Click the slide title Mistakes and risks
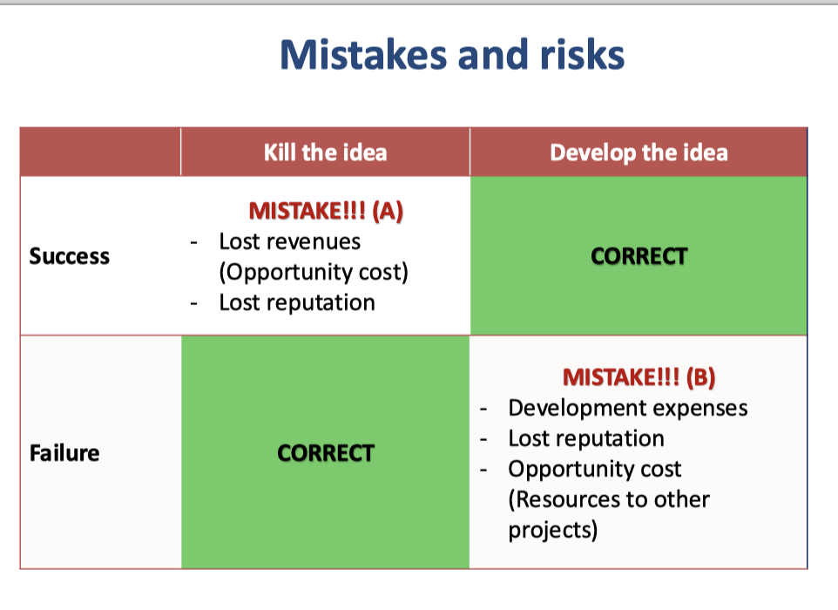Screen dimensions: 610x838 pyautogui.click(x=452, y=54)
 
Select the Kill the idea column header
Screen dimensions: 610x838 pyautogui.click(x=325, y=152)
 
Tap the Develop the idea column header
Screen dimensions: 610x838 pyautogui.click(x=639, y=152)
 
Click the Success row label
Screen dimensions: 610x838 pyautogui.click(x=70, y=256)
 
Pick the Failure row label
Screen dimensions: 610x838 pyautogui.click(x=64, y=453)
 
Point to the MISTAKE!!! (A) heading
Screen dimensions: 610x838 pyautogui.click(x=326, y=212)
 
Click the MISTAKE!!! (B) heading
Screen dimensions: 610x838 pyautogui.click(x=639, y=377)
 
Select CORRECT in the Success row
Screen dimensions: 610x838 pyautogui.click(x=639, y=256)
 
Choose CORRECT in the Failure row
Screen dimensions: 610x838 pyautogui.click(x=325, y=453)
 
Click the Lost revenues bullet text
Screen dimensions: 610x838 pyautogui.click(x=289, y=241)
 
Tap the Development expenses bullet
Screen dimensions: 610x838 pyautogui.click(x=627, y=408)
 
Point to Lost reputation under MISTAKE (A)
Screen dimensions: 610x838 pyautogui.click(x=297, y=302)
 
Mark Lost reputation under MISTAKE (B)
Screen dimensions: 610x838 pyautogui.click(x=586, y=438)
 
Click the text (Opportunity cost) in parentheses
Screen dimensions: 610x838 pyautogui.click(x=314, y=272)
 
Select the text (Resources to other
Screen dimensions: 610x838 pyautogui.click(x=609, y=499)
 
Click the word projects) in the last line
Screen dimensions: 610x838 pyautogui.click(x=553, y=530)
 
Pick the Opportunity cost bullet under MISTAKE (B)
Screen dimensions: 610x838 pyautogui.click(x=595, y=469)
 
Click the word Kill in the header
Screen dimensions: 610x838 pyautogui.click(x=280, y=152)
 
